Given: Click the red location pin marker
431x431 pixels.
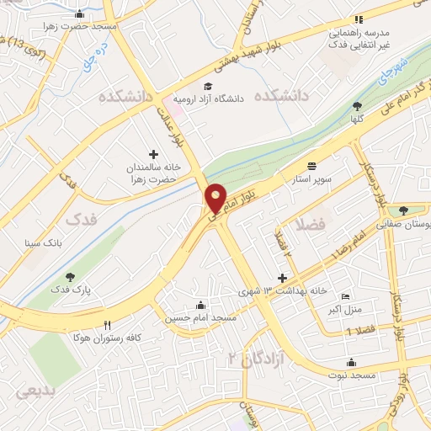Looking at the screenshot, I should pos(216,199).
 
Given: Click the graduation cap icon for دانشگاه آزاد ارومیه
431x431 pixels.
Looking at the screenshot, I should pos(207,86).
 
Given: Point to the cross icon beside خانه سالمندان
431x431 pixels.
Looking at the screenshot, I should pos(153,154).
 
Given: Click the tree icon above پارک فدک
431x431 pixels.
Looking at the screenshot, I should pos(70,276).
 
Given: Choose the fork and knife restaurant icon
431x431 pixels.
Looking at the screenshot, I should pos(107,325).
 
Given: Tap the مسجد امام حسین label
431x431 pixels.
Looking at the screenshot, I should pos(201,317).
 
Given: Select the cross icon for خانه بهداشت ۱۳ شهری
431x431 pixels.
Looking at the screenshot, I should pos(283,278).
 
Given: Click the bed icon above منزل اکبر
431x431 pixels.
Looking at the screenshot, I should pos(344,297).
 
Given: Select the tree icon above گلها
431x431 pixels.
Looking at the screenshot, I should pos(357,106).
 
